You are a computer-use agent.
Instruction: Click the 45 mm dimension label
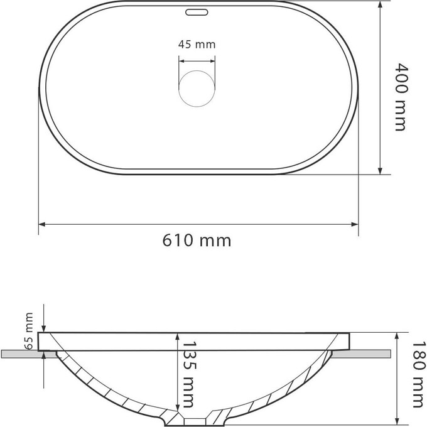click(197, 45)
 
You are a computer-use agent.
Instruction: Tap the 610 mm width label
click(197, 241)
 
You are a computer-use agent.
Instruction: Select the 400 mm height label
click(400, 97)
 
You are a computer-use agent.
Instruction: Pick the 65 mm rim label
click(29, 330)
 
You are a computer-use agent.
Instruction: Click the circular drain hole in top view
click(197, 89)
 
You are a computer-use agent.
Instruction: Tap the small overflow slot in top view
click(197, 13)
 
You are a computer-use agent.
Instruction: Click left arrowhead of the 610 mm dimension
click(41, 224)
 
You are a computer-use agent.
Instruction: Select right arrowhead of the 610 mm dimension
click(355, 224)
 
